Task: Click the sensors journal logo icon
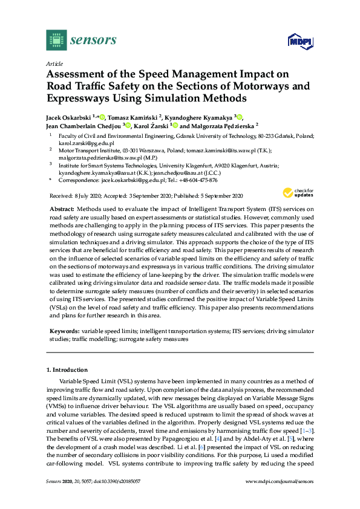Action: [56, 41]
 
